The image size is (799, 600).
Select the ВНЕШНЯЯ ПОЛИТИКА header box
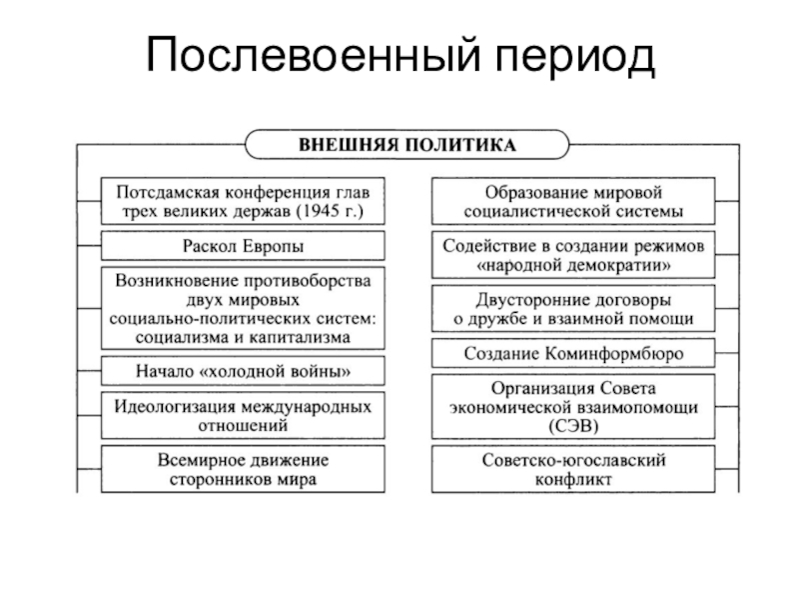(x=408, y=145)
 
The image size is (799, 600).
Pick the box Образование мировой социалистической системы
(x=572, y=200)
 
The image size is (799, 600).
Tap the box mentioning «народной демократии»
(x=572, y=255)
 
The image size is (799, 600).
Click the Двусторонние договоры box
(x=572, y=309)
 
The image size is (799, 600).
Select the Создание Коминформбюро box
(x=572, y=354)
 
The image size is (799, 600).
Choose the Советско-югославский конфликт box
(x=572, y=470)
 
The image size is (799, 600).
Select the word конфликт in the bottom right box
(x=573, y=480)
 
